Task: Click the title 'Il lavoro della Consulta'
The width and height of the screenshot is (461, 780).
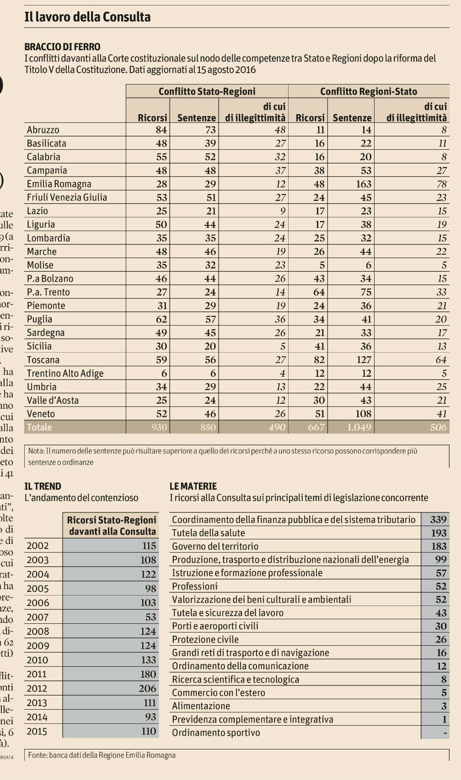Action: click(x=87, y=17)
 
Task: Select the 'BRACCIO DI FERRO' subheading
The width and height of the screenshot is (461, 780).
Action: click(x=62, y=47)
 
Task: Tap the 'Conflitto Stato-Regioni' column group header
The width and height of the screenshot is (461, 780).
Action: click(x=207, y=91)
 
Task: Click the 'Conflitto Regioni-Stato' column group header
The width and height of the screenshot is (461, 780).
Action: click(x=369, y=91)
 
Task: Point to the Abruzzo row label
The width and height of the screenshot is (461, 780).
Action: click(x=43, y=130)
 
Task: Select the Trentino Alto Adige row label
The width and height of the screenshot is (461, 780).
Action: click(x=65, y=374)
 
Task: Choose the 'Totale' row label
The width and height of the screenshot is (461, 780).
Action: click(x=39, y=427)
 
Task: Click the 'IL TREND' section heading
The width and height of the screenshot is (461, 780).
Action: click(x=43, y=486)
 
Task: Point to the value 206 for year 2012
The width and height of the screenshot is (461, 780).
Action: click(x=148, y=689)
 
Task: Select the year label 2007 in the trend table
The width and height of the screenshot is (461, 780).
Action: click(x=38, y=617)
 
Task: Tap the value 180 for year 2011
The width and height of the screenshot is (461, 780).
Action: click(x=148, y=675)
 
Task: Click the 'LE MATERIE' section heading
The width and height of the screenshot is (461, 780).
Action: click(x=193, y=486)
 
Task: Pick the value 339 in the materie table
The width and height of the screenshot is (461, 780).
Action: click(x=438, y=520)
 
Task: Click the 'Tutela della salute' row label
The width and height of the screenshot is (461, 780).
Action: click(x=209, y=533)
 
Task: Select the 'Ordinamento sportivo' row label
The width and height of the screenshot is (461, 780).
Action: click(x=216, y=733)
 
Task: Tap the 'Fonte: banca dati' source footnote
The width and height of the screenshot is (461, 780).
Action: click(x=102, y=755)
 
